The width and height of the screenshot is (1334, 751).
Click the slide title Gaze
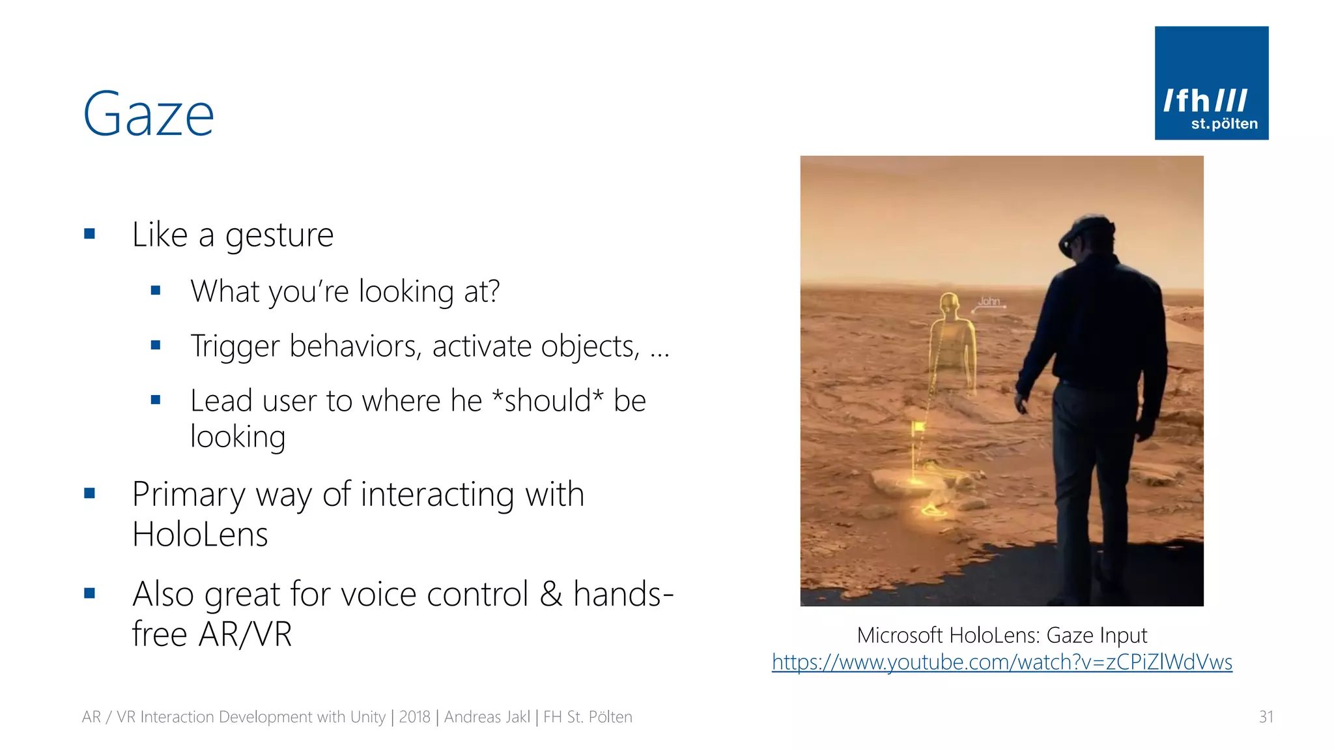[149, 115]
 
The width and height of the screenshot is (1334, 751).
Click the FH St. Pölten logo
[1211, 83]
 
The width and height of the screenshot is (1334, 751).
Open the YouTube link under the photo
[1002, 662]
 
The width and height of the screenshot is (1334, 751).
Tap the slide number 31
[1266, 717]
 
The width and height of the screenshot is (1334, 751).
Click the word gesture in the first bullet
[279, 235]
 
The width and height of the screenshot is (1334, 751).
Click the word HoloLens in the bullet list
[200, 535]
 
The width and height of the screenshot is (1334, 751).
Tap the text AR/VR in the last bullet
[246, 634]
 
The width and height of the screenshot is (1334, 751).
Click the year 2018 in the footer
[414, 717]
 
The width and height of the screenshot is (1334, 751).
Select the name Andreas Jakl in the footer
[487, 717]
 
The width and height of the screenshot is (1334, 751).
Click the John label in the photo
[989, 301]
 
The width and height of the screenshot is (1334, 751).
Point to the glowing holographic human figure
[952, 346]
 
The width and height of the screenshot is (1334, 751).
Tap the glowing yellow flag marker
[918, 428]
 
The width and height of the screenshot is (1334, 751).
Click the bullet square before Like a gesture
[90, 233]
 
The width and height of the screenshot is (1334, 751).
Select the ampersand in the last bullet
[550, 594]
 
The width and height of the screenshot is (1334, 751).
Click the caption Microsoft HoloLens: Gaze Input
[1002, 635]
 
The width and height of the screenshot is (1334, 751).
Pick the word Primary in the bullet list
[188, 494]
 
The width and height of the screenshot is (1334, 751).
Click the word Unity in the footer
[367, 717]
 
